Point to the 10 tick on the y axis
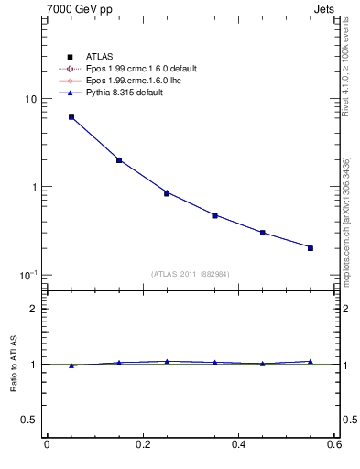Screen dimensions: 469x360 pyautogui.click(x=30, y=99)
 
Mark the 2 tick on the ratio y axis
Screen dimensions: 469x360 pyautogui.click(x=33, y=309)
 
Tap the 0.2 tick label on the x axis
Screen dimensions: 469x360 pyautogui.click(x=142, y=445)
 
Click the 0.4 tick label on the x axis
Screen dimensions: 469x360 pyautogui.click(x=238, y=445)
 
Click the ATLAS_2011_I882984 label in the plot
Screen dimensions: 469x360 pyautogui.click(x=191, y=274)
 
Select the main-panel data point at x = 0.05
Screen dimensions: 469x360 pyautogui.click(x=71, y=116)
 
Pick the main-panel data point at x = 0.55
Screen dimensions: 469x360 pyautogui.click(x=311, y=247)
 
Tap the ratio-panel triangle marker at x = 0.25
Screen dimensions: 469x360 pyautogui.click(x=167, y=362)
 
